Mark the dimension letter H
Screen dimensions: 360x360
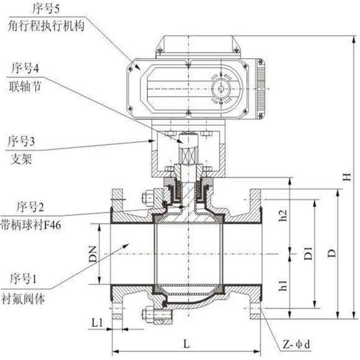(347, 178)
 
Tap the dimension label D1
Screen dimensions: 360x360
(307, 253)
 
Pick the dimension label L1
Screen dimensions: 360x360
(96, 323)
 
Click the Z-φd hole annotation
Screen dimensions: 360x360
(296, 345)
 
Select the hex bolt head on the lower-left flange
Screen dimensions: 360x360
(148, 313)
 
